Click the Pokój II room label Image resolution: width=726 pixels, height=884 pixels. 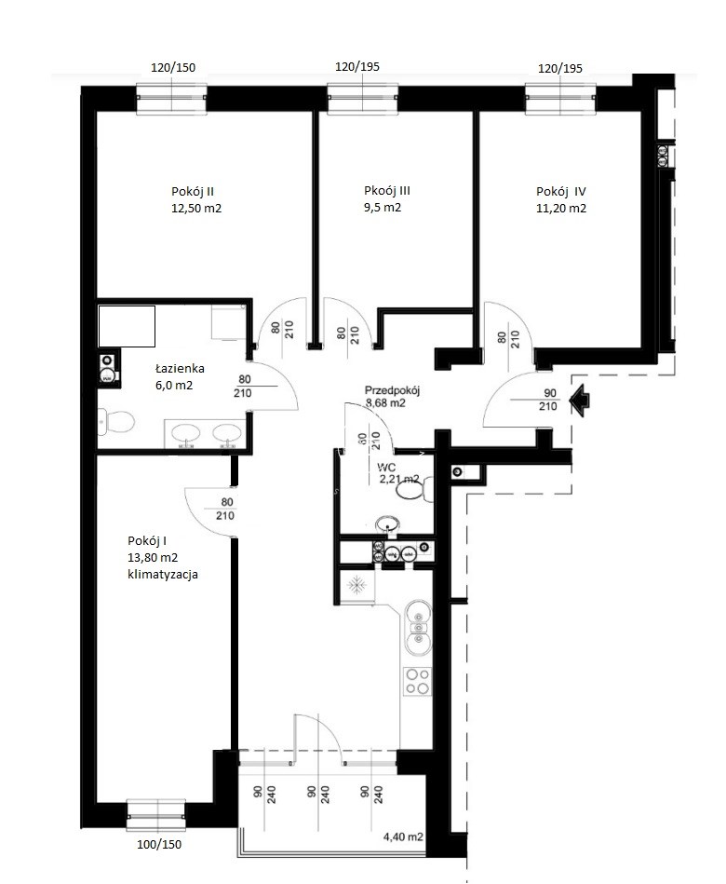192,191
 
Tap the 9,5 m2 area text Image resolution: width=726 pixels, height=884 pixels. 383,208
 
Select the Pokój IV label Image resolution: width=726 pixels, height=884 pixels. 561,192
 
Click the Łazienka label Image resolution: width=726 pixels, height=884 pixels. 180,369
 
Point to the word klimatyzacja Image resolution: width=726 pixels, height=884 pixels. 163,575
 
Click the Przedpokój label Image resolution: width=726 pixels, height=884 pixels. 392,390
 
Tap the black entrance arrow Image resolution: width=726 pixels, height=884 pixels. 580,401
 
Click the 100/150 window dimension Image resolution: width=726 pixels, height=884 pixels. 159,845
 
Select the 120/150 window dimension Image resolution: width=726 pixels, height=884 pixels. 173,68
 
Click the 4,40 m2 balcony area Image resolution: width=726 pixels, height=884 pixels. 403,837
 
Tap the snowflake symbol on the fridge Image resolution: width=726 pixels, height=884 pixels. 356,585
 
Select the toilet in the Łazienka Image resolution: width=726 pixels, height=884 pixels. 116,422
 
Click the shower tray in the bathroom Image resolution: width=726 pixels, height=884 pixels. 127,326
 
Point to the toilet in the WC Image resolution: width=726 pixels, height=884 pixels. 415,490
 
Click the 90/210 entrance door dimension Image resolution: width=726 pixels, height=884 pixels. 548,400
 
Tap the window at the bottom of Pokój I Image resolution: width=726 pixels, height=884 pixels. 156,815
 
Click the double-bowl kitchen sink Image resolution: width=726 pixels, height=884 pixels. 418,628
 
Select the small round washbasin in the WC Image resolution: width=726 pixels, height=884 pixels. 387,524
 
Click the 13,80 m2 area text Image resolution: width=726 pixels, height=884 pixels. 153,558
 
